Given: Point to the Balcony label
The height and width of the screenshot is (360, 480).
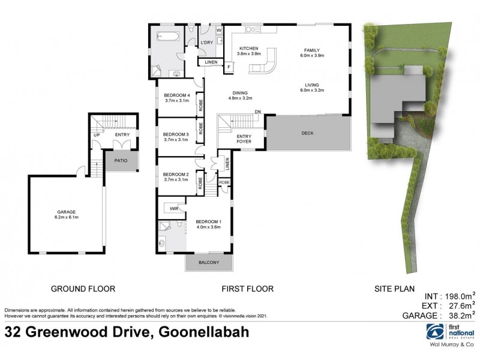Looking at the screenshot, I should coord(209,263).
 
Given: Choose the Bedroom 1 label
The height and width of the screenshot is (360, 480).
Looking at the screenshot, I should coord(207,223).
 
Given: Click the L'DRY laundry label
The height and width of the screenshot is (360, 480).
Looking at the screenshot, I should coord(207,43).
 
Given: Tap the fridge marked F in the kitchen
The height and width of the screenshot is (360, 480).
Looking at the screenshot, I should coord(229,67).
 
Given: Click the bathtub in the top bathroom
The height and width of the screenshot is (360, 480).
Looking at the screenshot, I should coord(166,37).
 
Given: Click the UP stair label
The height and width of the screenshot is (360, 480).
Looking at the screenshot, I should coord(97,135).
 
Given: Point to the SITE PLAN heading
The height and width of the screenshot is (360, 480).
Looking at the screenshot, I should coord(393,289).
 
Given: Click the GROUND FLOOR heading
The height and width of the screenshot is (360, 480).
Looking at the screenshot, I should coord(82,289).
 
